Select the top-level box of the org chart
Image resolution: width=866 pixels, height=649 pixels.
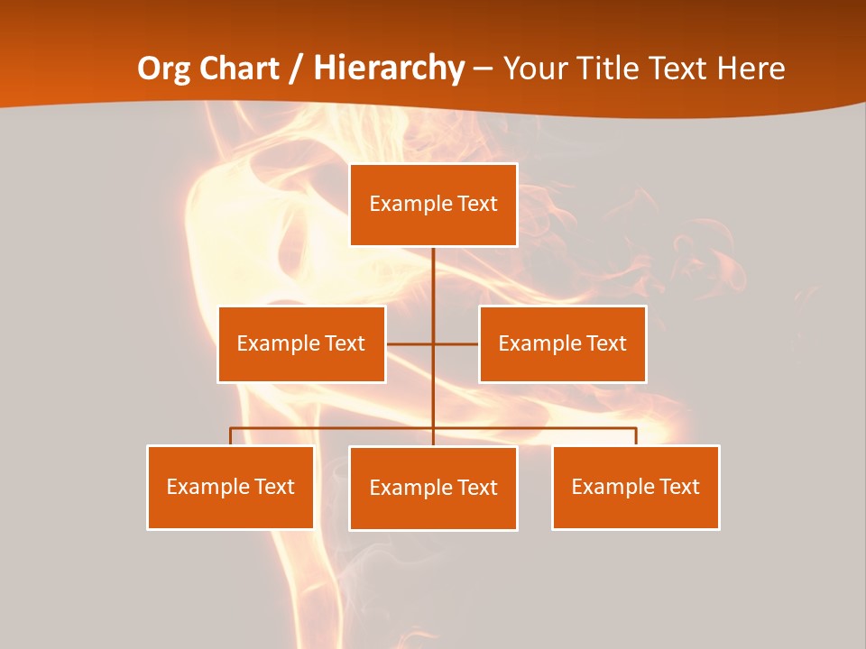(x=433, y=205)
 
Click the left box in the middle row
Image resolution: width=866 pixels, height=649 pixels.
(x=301, y=344)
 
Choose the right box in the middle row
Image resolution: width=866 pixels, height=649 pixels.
(x=562, y=344)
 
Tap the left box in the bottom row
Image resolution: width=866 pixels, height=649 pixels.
(x=230, y=488)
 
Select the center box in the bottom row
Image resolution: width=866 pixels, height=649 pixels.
(x=433, y=489)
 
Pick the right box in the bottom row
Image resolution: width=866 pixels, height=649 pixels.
(x=635, y=488)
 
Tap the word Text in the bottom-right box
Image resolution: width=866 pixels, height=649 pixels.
(x=678, y=488)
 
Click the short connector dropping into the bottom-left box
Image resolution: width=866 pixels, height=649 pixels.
(x=230, y=436)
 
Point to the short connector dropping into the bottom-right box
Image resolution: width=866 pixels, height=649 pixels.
(x=636, y=436)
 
